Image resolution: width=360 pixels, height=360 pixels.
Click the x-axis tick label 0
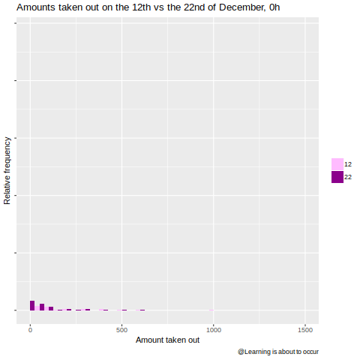click(30, 330)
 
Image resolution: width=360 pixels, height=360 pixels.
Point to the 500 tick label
click(121, 330)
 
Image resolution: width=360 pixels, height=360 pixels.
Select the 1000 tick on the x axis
click(214, 330)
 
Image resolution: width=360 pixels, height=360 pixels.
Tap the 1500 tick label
click(305, 330)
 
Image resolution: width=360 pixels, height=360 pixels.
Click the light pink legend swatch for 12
click(337, 164)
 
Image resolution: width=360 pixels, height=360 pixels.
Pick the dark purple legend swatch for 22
click(337, 177)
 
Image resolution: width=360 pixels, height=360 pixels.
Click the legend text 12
click(348, 164)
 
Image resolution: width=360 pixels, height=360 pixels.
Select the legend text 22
click(348, 177)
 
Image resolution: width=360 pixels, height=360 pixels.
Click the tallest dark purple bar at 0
click(32, 305)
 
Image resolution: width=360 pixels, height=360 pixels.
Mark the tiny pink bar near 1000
click(211, 310)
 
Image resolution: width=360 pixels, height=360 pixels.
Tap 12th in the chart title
click(142, 7)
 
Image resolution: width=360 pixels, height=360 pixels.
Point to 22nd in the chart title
click(194, 7)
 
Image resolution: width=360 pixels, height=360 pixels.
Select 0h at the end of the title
click(274, 7)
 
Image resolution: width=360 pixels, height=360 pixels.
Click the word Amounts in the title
click(36, 7)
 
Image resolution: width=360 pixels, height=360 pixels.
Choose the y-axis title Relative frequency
click(7, 171)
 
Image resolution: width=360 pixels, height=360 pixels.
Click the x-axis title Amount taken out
click(167, 340)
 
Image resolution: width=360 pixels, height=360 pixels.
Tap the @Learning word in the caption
click(254, 352)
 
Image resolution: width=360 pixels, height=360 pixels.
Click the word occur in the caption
click(310, 352)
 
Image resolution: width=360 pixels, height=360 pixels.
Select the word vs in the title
click(159, 8)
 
